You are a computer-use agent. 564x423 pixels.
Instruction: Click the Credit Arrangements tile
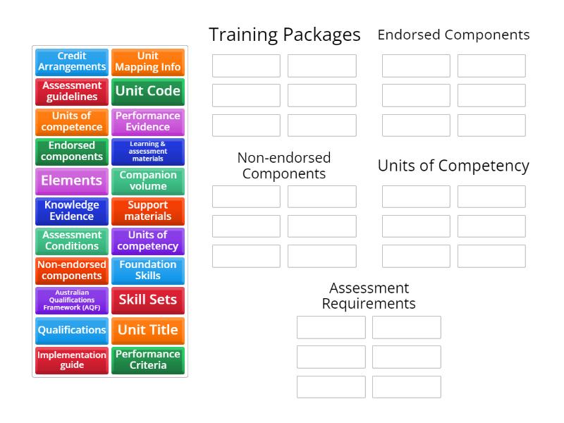(72, 61)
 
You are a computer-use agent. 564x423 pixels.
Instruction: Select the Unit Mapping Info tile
(148, 61)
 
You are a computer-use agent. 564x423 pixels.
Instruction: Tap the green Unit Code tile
(148, 91)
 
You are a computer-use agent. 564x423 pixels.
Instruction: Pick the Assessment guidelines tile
(72, 91)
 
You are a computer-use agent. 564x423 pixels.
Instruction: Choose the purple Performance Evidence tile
(148, 121)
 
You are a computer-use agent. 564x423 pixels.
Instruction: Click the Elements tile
(72, 180)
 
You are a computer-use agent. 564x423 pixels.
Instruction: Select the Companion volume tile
(148, 180)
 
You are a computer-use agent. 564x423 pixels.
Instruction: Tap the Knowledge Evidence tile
(72, 210)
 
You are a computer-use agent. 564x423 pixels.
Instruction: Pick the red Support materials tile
(148, 210)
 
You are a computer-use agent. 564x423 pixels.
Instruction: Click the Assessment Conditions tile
(72, 240)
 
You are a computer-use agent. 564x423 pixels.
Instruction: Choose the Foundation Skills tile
(148, 270)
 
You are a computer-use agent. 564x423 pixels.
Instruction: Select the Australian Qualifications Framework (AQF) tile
(72, 300)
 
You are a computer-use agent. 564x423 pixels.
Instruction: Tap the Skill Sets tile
(148, 300)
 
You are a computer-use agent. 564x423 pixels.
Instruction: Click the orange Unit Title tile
(148, 330)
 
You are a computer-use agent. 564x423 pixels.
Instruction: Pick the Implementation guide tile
(72, 360)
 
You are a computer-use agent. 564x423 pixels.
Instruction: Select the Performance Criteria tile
(148, 360)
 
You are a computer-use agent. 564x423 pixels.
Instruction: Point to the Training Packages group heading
(284, 35)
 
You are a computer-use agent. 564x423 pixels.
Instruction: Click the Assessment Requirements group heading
(369, 296)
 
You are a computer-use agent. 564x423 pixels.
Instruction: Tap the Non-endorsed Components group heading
(284, 166)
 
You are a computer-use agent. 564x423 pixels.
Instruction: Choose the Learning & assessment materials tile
(148, 151)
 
